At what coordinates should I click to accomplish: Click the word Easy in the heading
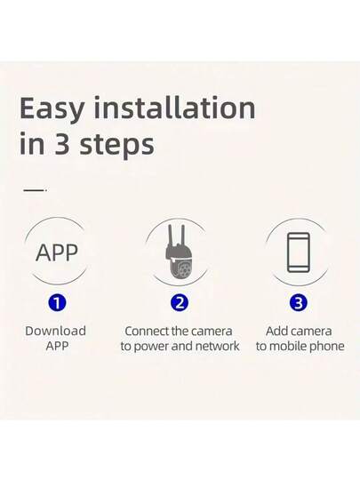point(53,108)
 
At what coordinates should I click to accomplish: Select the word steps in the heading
point(115,146)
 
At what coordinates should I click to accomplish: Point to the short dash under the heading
point(33,189)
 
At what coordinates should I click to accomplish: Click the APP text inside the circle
point(56,252)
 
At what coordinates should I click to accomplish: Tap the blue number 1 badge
point(56,302)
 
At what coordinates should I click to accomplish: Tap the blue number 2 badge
point(180,302)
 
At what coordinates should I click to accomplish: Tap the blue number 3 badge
point(300,302)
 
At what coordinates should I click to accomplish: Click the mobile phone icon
point(300,252)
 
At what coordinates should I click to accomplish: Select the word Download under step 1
point(56,331)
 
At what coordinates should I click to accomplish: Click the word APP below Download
point(56,346)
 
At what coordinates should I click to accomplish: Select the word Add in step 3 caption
point(276,331)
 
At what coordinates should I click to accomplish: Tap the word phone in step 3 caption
point(325,346)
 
